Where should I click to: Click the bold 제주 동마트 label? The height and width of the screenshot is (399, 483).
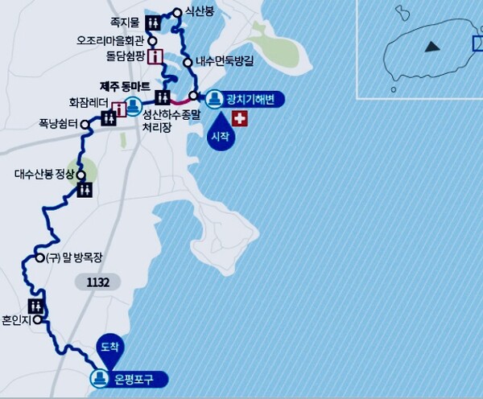tap(126, 84)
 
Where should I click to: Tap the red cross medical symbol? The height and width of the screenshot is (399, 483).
tap(239, 119)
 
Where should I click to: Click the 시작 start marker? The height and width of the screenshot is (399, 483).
tap(218, 134)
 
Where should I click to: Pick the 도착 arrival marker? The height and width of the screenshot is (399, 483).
tap(108, 346)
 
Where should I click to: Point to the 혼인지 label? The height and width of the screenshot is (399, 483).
tap(14, 319)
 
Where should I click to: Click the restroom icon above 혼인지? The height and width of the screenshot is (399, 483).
tap(35, 306)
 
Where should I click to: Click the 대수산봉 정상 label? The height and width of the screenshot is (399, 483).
tap(43, 174)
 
